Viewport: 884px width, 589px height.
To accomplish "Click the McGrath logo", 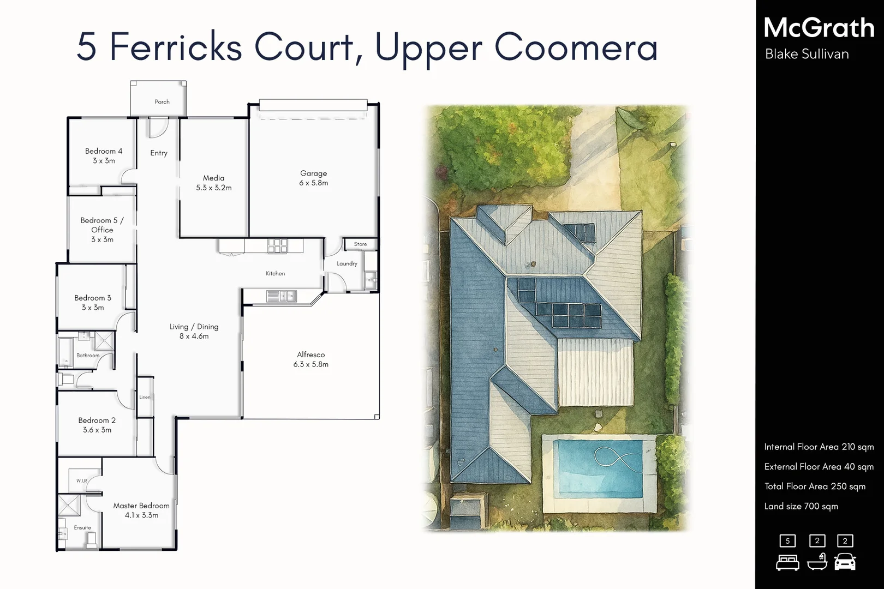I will pos(819,28).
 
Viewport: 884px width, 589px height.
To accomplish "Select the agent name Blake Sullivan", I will pos(807,54).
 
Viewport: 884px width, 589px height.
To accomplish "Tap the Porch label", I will pos(162,102).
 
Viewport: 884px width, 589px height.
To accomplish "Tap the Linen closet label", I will pos(145,397).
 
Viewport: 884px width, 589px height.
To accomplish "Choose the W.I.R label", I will pos(82,481).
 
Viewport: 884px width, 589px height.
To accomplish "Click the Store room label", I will pos(360,244).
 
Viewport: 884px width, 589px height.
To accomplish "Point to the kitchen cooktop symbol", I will pos(277,246).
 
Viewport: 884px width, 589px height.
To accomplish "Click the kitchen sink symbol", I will pos(281,296).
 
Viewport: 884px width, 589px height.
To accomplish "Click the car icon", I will pos(845,561).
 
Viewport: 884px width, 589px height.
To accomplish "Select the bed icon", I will pos(787,562).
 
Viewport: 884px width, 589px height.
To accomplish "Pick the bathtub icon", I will pos(817,561).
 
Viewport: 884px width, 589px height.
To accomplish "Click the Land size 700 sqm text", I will pos(801,506).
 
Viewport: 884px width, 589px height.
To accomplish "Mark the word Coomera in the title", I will pos(576,47).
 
